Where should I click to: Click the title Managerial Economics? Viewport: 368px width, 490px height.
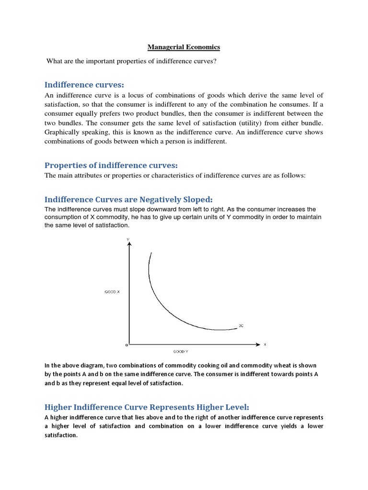coord(184,47)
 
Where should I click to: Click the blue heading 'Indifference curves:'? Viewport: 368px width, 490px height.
coord(84,85)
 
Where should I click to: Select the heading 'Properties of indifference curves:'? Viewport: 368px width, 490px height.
coord(111,165)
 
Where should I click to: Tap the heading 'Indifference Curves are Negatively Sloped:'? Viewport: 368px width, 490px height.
coord(128,199)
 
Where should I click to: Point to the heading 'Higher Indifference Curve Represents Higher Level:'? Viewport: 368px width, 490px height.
coord(147,407)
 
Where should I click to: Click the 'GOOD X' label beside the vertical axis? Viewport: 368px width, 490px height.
coord(112,290)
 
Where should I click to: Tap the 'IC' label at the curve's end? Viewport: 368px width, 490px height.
coord(241,325)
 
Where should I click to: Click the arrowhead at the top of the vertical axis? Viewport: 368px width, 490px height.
coord(128,244)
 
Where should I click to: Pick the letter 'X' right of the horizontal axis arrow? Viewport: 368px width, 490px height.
coord(264,344)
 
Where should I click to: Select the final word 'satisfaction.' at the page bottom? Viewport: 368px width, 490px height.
coord(61,435)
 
